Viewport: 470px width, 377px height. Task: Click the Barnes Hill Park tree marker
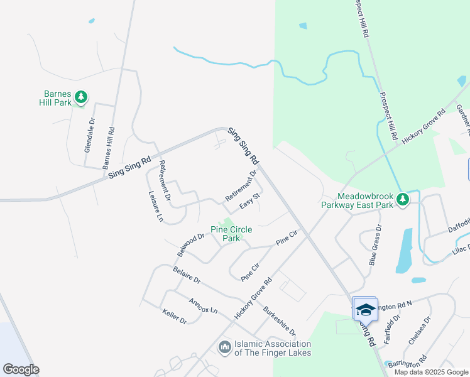point(80,97)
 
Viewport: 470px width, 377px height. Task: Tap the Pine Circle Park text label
point(226,234)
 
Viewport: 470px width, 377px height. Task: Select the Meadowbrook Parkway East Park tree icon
point(403,200)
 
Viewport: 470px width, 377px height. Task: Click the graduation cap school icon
point(364,309)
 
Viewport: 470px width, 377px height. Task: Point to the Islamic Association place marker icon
point(225,347)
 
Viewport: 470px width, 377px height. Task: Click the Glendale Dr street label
point(89,136)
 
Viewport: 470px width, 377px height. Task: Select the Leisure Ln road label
point(155,208)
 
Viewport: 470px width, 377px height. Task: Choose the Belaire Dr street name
point(187,275)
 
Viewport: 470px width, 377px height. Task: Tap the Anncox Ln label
point(203,306)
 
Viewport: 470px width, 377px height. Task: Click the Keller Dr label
point(174,316)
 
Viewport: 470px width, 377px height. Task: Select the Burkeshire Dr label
point(278,321)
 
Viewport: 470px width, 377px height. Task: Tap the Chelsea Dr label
point(420,331)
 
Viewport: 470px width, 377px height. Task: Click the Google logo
point(21,369)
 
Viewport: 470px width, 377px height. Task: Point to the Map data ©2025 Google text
point(431,372)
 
